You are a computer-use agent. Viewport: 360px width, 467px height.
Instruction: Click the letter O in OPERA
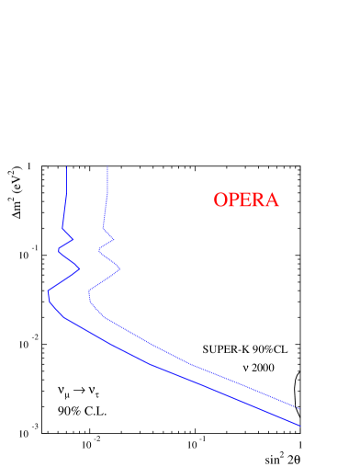click(x=220, y=200)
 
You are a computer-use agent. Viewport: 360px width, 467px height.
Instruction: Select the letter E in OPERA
click(x=245, y=200)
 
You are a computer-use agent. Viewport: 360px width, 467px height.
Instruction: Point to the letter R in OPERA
click(x=258, y=200)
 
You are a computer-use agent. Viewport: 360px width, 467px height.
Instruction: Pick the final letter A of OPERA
click(x=271, y=200)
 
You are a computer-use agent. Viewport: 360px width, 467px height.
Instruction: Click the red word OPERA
click(x=245, y=200)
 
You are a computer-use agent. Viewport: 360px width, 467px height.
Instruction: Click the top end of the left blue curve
click(x=67, y=166)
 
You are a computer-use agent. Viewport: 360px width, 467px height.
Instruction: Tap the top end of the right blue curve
click(x=107, y=166)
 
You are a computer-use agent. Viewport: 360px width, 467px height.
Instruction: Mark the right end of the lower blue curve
click(x=300, y=426)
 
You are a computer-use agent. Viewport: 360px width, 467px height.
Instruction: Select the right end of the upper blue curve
click(x=300, y=408)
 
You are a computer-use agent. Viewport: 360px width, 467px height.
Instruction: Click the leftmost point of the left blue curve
click(x=48, y=292)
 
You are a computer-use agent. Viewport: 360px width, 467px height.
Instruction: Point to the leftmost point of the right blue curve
click(x=88, y=296)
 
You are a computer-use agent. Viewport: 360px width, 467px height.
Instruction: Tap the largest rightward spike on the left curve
click(x=80, y=270)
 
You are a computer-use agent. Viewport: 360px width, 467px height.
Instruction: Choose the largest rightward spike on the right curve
click(x=120, y=270)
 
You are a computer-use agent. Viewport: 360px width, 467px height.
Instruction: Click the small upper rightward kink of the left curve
click(x=73, y=240)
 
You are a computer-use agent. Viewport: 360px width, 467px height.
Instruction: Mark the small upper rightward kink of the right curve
click(x=114, y=240)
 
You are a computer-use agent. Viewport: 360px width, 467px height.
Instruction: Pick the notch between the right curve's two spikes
click(x=99, y=250)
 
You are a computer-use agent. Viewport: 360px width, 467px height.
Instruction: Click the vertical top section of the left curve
click(x=66, y=193)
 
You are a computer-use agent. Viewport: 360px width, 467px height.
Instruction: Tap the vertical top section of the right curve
click(x=107, y=193)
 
